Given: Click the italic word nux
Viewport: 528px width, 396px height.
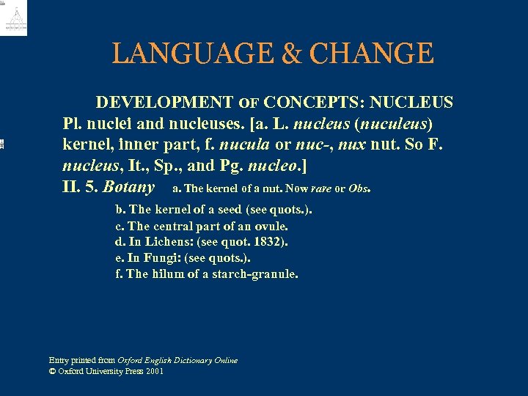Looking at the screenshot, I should [370, 144].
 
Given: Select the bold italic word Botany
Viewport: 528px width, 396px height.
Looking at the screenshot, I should [128, 186].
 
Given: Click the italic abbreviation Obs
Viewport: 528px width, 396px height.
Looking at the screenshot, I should [359, 188].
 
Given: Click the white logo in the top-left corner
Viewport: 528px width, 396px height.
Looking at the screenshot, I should [15, 18].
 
